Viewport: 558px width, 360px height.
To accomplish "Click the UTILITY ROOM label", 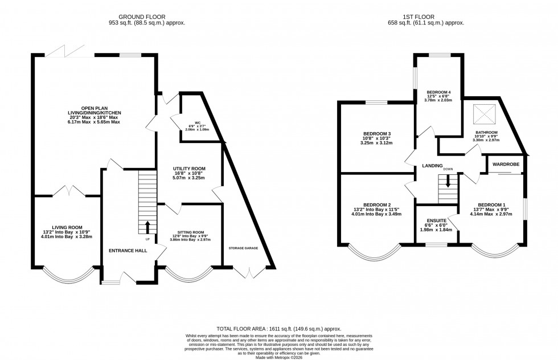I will [189, 169].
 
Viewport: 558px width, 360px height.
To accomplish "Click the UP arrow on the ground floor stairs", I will [148, 227].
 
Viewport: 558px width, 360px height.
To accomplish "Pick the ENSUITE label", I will [436, 222].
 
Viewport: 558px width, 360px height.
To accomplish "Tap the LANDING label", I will [432, 166].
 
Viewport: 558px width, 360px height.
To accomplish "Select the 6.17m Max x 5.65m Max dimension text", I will [94, 122].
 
